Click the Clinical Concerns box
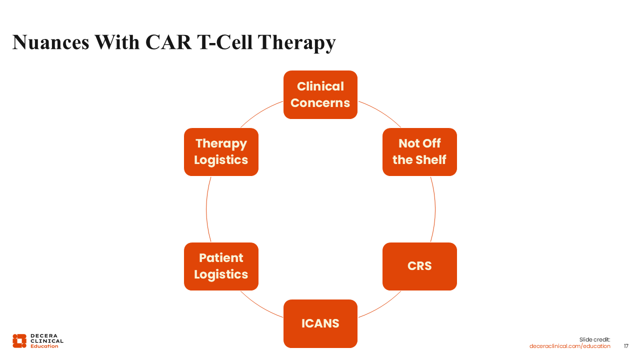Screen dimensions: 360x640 click(320, 94)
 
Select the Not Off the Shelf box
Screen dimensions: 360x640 click(419, 151)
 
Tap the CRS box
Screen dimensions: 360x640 click(419, 266)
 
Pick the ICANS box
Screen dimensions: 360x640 click(320, 323)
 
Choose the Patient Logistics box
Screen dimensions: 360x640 click(221, 266)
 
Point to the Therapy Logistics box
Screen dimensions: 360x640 click(221, 151)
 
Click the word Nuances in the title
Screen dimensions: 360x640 click(50, 42)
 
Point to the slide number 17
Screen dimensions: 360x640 click(626, 346)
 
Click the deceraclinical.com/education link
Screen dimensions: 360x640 click(569, 346)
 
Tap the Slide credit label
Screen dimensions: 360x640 click(594, 339)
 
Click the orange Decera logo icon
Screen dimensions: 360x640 click(19, 340)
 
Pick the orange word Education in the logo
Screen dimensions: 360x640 click(44, 346)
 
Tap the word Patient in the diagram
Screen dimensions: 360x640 click(221, 258)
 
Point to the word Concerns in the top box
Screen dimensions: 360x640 click(320, 103)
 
